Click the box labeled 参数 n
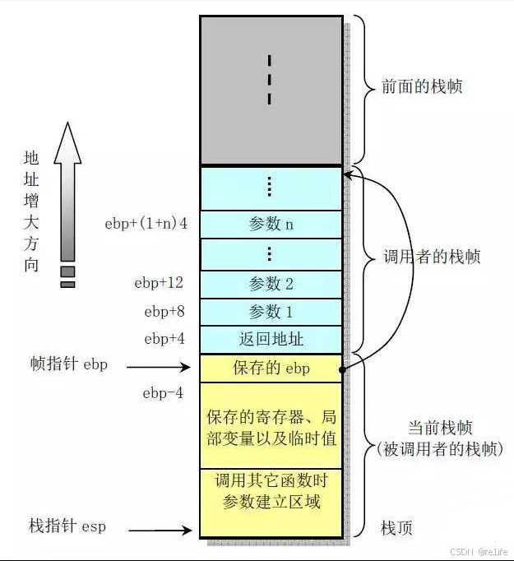271,224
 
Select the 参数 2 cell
271,284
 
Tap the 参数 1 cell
271,312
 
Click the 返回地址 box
271,339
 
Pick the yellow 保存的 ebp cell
271,368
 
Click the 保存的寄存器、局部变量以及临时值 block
271,427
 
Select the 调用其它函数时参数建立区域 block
271,491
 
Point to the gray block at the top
271,90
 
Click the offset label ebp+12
159,283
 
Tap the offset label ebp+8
163,311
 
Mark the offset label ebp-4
163,393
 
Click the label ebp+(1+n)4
146,223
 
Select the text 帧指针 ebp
68,364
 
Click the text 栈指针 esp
67,526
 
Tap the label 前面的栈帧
422,86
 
